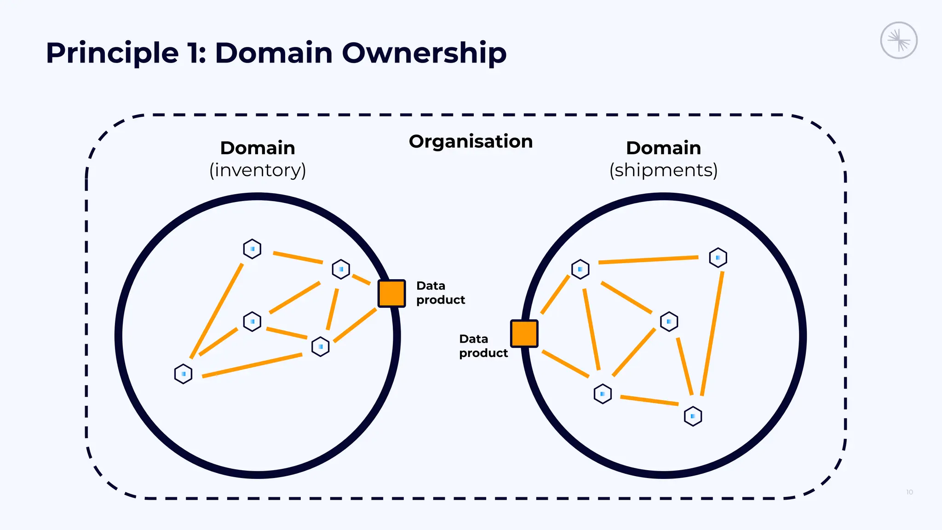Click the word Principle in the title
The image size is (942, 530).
(x=112, y=53)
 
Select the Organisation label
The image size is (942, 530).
(x=471, y=141)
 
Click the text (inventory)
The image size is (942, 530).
(x=258, y=170)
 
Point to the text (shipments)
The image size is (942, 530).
(x=663, y=170)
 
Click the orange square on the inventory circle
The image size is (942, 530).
(x=391, y=293)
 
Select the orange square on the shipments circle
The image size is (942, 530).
(x=524, y=334)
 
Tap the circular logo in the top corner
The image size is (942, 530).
(x=899, y=40)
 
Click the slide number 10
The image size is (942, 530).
(x=909, y=492)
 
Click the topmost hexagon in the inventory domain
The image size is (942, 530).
(x=252, y=249)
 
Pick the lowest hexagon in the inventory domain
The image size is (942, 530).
(x=183, y=374)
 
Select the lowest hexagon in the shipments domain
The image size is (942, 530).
(x=693, y=416)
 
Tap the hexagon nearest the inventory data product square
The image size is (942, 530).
(x=341, y=269)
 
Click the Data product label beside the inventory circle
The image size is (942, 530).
(x=440, y=293)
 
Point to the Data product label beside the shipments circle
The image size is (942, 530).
(x=483, y=346)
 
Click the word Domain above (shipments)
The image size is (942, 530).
(x=663, y=148)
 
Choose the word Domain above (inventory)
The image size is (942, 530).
(x=258, y=148)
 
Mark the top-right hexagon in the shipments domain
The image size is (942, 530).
(x=718, y=258)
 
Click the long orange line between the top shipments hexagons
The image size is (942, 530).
(x=649, y=260)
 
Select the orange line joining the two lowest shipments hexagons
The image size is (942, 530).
(x=649, y=400)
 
